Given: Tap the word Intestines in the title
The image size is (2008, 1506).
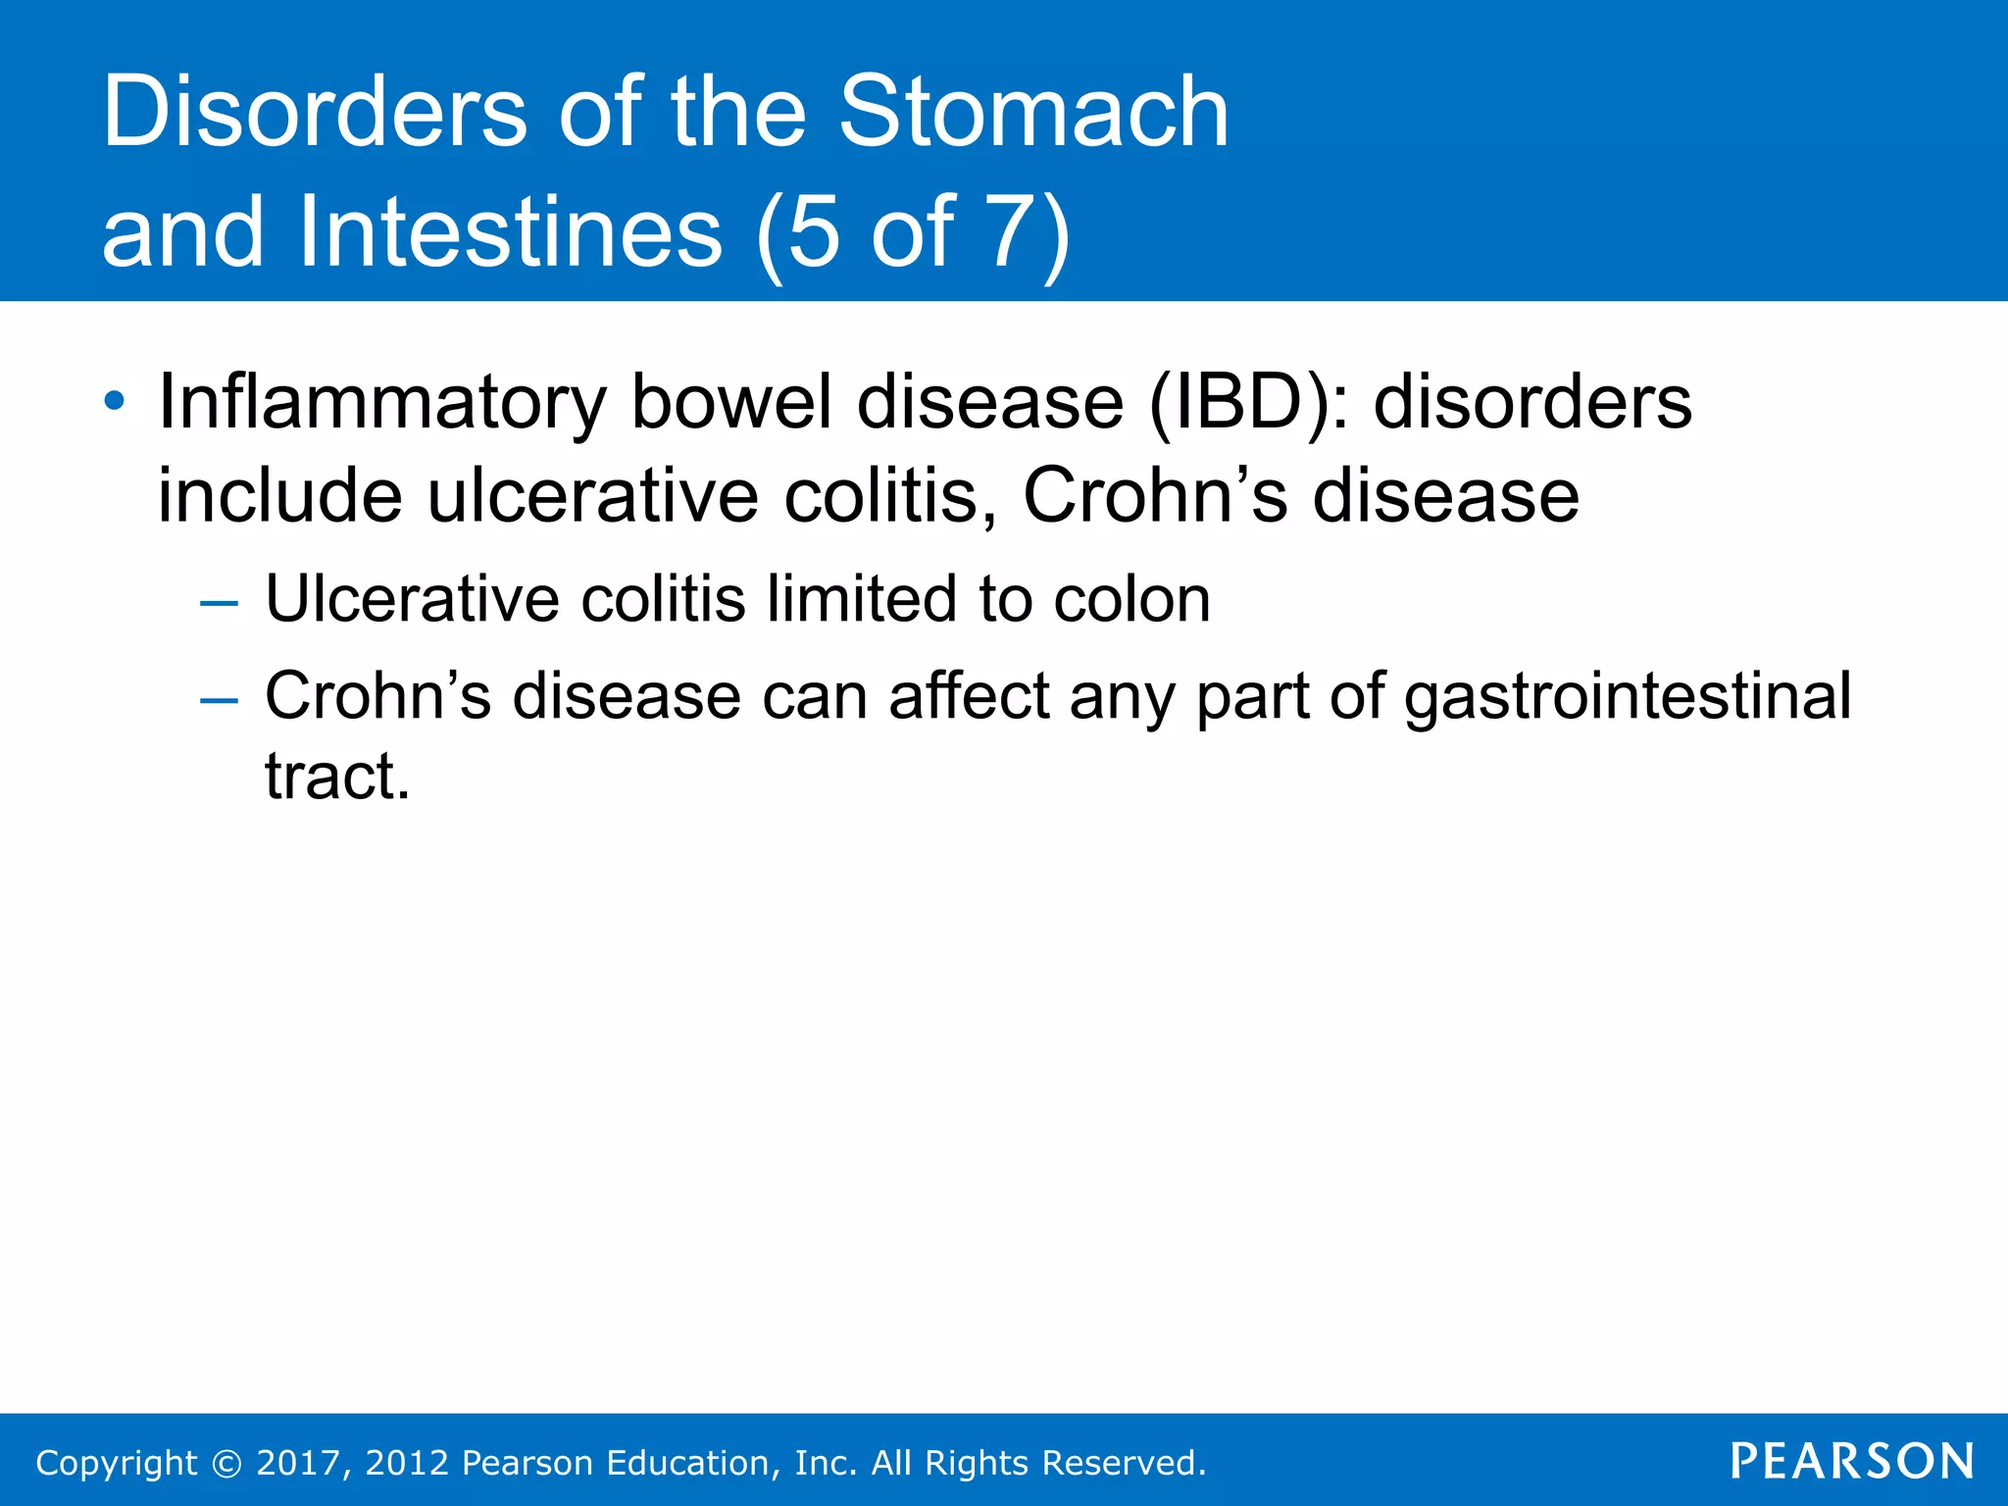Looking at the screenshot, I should click(x=510, y=232).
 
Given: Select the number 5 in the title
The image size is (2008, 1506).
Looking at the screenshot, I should click(x=814, y=232).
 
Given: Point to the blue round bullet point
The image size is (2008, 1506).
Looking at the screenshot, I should click(x=115, y=401).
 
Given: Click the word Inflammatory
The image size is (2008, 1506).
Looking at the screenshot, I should click(x=382, y=403).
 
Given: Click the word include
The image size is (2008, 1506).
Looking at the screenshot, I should click(x=279, y=495).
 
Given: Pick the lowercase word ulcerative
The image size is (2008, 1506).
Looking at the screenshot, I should click(x=592, y=495).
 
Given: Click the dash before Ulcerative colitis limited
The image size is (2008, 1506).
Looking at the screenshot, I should click(x=218, y=602).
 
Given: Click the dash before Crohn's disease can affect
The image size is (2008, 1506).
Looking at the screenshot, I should click(x=218, y=700).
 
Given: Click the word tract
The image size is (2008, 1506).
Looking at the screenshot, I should click(x=336, y=777).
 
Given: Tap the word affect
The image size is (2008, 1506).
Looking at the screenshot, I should click(x=969, y=696).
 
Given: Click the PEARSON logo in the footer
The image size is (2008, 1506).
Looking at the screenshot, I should click(x=1851, y=1461).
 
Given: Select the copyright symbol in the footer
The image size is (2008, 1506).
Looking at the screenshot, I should click(x=226, y=1464).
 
